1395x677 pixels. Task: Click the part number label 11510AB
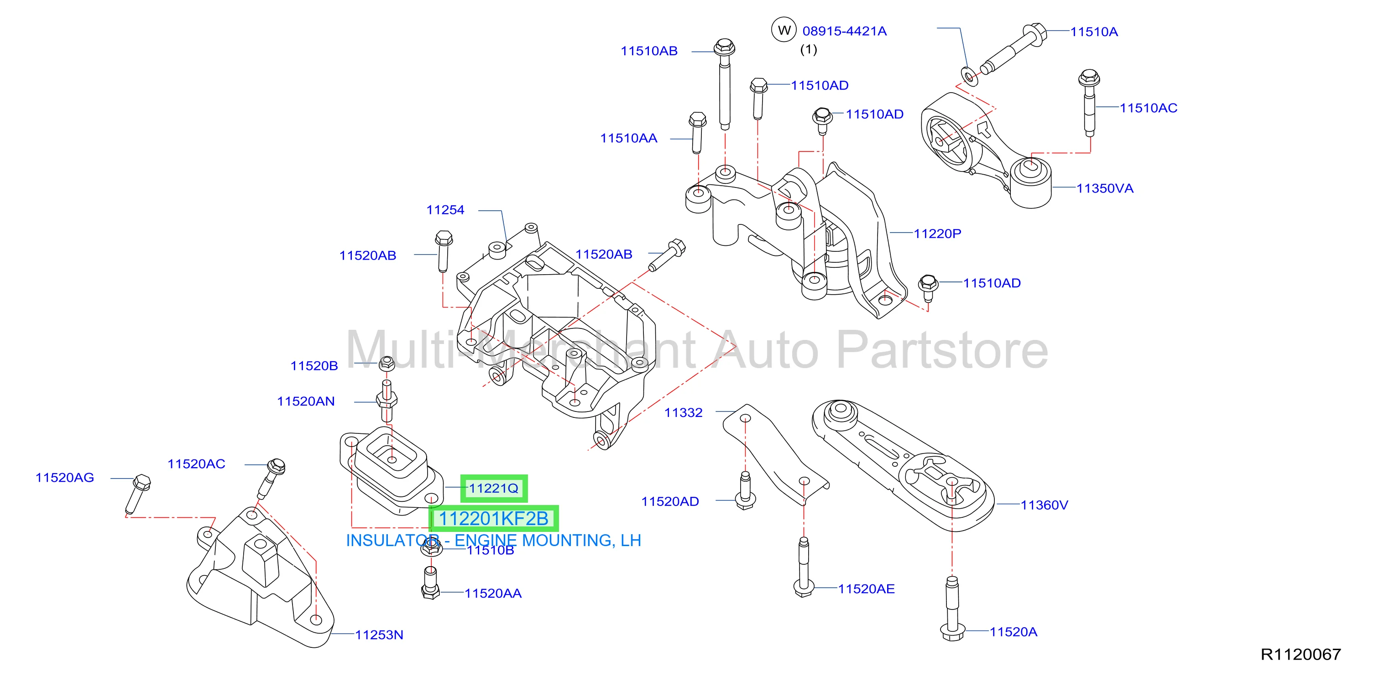click(649, 51)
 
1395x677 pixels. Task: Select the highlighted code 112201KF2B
click(493, 518)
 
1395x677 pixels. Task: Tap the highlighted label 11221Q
click(493, 488)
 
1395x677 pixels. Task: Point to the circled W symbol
click(784, 30)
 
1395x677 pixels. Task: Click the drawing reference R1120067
click(1301, 654)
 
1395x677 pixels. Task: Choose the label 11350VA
click(1105, 188)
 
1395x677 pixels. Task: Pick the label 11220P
click(937, 233)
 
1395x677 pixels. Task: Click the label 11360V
click(1044, 505)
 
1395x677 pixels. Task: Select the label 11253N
click(379, 635)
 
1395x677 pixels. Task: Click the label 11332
click(684, 412)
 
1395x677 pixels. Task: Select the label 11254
click(445, 210)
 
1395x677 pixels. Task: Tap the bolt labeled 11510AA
click(697, 132)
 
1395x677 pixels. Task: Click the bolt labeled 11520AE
click(804, 567)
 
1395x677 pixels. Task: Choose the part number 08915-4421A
click(844, 31)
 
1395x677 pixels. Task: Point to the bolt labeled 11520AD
click(746, 490)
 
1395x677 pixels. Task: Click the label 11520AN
click(306, 401)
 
